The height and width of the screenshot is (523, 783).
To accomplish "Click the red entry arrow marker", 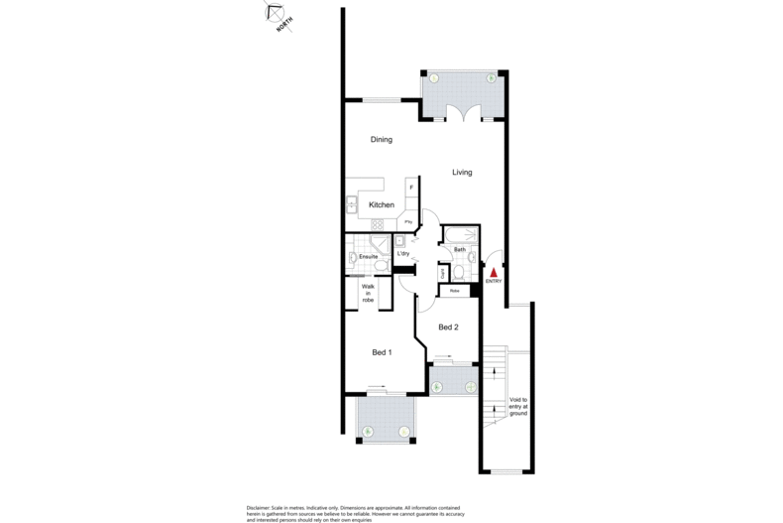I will click(494, 271).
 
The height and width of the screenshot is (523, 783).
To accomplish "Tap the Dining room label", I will click(382, 140).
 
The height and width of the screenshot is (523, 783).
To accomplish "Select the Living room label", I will click(462, 173).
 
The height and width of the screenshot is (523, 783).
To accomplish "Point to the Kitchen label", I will click(382, 204).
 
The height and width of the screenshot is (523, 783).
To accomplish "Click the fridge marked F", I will click(410, 188).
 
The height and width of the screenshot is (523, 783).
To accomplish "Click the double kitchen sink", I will click(351, 205).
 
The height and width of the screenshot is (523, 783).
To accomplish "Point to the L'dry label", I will click(403, 254).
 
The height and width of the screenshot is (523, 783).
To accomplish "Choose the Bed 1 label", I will click(383, 352).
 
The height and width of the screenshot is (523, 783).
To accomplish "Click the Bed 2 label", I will click(448, 327).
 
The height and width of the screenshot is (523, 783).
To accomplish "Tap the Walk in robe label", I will click(367, 293).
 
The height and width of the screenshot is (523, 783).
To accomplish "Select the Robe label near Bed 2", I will click(454, 292).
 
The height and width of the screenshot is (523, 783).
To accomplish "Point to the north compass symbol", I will click(275, 15).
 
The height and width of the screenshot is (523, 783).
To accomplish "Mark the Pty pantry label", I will click(406, 222).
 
